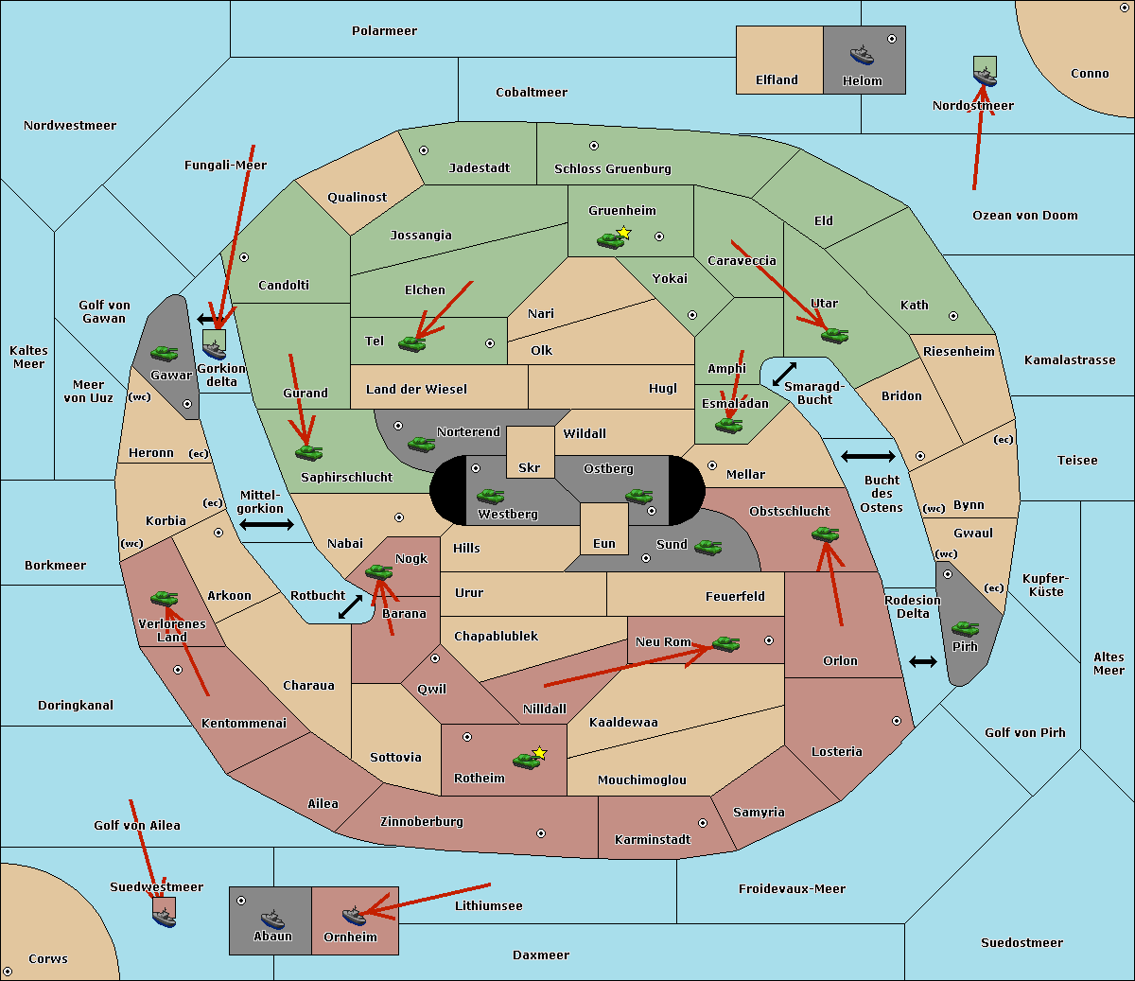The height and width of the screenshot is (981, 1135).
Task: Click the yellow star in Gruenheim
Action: coord(623,232)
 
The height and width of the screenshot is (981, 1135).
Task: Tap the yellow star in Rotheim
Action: coord(539,753)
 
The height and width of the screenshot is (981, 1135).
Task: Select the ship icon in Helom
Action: coord(862,55)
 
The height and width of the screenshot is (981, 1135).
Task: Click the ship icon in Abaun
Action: coord(272,919)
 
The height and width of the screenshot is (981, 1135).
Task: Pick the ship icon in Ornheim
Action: coord(354,915)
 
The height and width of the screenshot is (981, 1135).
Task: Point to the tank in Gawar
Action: coord(165,353)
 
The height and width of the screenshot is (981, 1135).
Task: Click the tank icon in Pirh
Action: coord(966,628)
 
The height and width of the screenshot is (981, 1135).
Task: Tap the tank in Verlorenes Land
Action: coord(164,598)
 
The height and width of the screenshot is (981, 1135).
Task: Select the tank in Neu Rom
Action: coord(725,643)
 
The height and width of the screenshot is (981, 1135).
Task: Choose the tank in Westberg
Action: coord(490,496)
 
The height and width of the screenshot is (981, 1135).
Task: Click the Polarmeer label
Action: coord(384,31)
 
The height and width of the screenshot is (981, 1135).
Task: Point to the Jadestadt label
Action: coord(479,168)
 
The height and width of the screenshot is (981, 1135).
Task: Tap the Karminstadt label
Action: coord(653,840)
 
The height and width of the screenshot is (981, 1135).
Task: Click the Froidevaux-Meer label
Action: coord(792,889)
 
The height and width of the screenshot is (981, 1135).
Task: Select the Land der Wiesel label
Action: coord(416,389)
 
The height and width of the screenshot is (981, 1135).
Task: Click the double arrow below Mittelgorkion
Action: coord(267,524)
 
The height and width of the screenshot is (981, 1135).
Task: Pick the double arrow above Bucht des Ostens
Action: coord(867,457)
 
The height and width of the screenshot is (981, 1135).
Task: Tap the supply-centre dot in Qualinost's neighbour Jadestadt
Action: coord(424,149)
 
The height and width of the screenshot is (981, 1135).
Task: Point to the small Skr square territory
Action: coord(530,452)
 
